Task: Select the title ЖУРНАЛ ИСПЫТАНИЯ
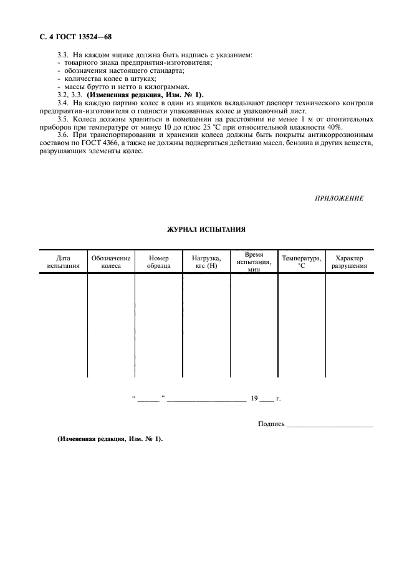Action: coord(206,229)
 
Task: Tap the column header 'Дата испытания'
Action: coord(63,262)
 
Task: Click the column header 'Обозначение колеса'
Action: coord(111,262)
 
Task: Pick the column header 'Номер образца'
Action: coord(158,262)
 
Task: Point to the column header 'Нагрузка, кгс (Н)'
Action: coord(206,262)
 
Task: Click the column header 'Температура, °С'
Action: coord(302,262)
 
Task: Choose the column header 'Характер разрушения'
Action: coord(348,262)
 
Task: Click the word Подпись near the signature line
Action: coord(271,424)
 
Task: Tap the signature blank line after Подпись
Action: coord(330,426)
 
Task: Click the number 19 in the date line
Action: coord(254,397)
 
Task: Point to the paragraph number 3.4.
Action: coord(62,102)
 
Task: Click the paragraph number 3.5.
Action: coord(62,118)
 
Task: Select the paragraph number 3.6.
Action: coord(62,135)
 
